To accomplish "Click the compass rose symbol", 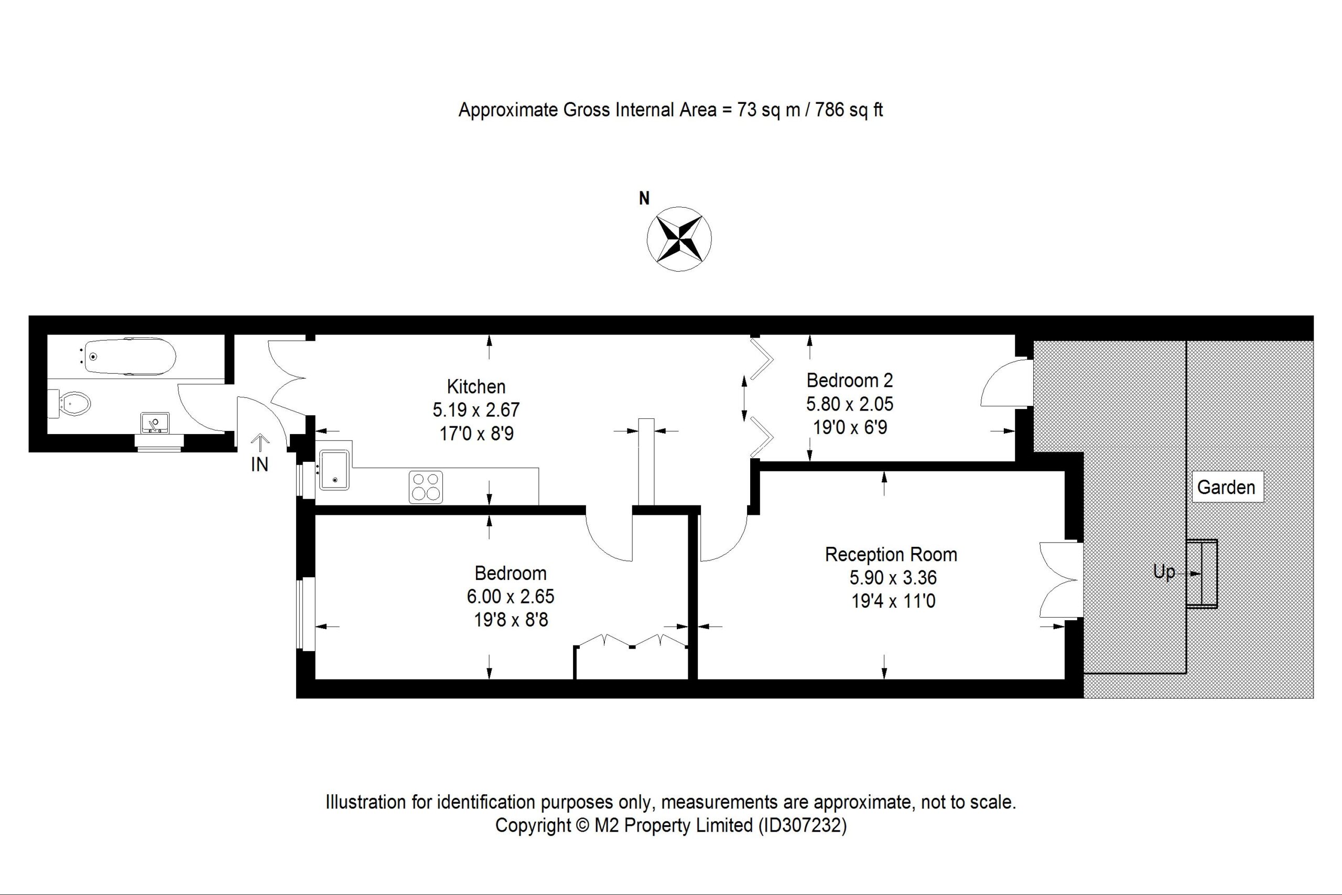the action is click(x=679, y=239).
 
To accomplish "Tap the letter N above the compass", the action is click(x=644, y=198).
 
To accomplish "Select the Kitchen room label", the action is click(x=476, y=386).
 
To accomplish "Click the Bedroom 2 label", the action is click(x=850, y=380).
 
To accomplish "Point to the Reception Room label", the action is click(x=891, y=554).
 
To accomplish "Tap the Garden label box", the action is click(x=1226, y=487).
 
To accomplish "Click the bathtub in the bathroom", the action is click(x=129, y=357).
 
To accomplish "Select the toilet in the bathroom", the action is click(x=70, y=404).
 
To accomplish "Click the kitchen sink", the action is click(x=334, y=470).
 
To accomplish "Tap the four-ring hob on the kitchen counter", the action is click(x=426, y=487).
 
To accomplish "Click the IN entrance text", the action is click(x=259, y=465).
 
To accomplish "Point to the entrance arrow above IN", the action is click(x=260, y=444).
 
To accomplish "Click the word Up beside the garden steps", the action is click(x=1164, y=572).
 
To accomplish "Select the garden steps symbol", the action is click(x=1202, y=573).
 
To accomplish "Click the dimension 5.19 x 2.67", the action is click(x=476, y=410).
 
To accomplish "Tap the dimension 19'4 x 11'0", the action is click(x=893, y=601).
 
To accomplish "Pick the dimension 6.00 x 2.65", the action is click(x=511, y=597).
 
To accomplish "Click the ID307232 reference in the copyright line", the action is click(x=802, y=825).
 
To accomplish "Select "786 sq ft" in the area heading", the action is click(x=849, y=109).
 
